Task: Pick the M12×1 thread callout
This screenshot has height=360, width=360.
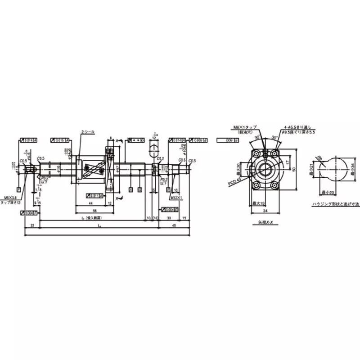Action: pos(176,197)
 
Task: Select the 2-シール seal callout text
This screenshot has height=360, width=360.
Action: pos(88,131)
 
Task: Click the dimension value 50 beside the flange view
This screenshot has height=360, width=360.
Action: pos(295,169)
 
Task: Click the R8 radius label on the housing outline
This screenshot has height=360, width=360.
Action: pos(319,158)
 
